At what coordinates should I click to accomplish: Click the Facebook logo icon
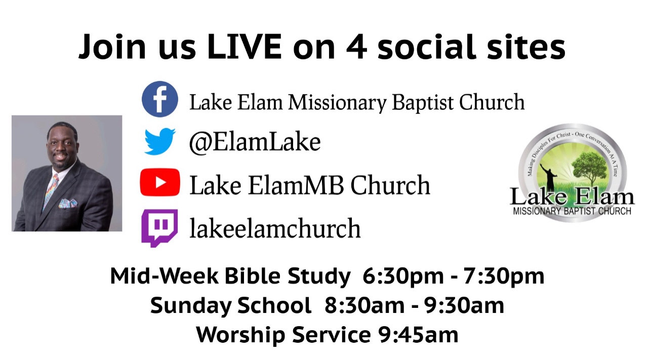click(x=160, y=99)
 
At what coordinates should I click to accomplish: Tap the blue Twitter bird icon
click(x=160, y=141)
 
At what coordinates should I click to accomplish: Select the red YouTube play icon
click(x=160, y=182)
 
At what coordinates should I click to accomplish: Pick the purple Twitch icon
click(x=159, y=228)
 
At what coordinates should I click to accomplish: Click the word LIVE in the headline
click(x=244, y=47)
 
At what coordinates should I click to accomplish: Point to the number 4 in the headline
click(x=357, y=47)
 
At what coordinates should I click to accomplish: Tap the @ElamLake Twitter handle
click(x=255, y=142)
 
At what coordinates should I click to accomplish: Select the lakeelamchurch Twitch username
click(x=275, y=228)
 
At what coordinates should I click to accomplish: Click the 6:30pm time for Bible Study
click(x=403, y=276)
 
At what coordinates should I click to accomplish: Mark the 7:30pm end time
click(x=504, y=276)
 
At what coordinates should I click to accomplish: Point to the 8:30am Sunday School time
click(x=364, y=306)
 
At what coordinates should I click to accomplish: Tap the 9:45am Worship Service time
click(x=418, y=335)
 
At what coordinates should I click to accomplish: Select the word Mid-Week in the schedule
click(x=164, y=276)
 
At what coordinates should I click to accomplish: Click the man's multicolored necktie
click(x=50, y=191)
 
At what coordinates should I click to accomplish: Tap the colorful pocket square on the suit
click(x=68, y=203)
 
